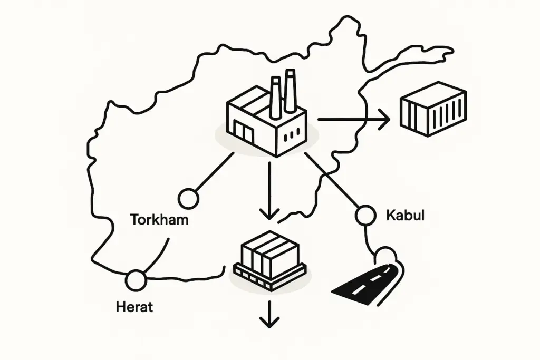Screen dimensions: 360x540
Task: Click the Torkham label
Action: pos(159,219)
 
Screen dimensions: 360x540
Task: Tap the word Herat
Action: pos(134,307)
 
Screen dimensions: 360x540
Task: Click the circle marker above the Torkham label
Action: pos(188,198)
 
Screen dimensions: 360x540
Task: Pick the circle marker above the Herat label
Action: pos(136,280)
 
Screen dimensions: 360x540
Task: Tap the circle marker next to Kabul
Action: pos(366,215)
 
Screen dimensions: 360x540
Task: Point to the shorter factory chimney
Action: pos(275,98)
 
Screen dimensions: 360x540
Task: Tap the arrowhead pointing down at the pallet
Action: pos(269,213)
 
